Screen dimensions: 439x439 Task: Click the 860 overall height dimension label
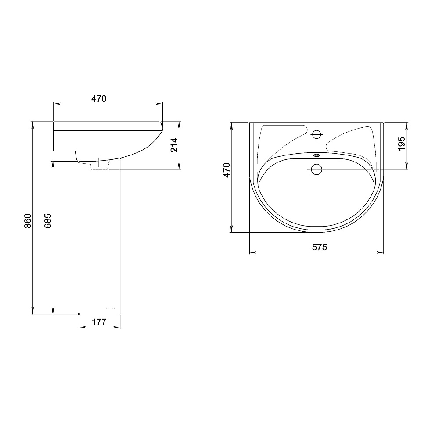pyautogui.click(x=27, y=221)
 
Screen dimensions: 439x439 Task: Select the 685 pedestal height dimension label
pyautogui.click(x=48, y=221)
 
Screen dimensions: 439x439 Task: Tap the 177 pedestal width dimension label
pyautogui.click(x=99, y=322)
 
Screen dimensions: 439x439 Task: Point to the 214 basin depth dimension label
pyautogui.click(x=174, y=145)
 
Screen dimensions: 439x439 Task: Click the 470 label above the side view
pyautogui.click(x=99, y=98)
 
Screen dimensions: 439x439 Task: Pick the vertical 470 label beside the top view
pyautogui.click(x=226, y=170)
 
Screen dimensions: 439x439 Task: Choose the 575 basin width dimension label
pyautogui.click(x=320, y=247)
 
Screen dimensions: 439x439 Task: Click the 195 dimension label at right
pyautogui.click(x=402, y=144)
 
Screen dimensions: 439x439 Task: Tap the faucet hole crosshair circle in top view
pyautogui.click(x=317, y=135)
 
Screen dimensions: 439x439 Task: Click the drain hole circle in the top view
pyautogui.click(x=317, y=169)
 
